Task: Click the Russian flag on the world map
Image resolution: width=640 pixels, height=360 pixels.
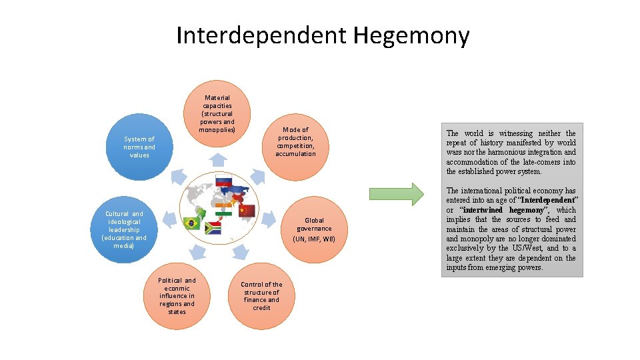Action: pyautogui.click(x=223, y=180)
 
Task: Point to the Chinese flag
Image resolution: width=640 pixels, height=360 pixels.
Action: pyautogui.click(x=247, y=210)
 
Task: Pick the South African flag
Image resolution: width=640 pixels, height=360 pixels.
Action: pyautogui.click(x=213, y=228)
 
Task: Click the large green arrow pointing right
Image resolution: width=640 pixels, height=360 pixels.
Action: pyautogui.click(x=396, y=193)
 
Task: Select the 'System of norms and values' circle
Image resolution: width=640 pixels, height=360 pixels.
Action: pyautogui.click(x=140, y=147)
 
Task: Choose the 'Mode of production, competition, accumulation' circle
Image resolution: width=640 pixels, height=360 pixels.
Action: pyautogui.click(x=295, y=142)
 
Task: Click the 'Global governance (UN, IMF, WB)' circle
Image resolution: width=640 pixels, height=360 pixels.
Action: pyautogui.click(x=314, y=229)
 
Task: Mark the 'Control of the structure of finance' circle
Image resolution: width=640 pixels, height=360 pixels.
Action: pyautogui.click(x=261, y=296)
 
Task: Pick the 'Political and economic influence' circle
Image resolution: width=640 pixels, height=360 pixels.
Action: pyautogui.click(x=177, y=296)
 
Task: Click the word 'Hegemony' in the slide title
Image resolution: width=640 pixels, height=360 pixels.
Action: pyautogui.click(x=411, y=35)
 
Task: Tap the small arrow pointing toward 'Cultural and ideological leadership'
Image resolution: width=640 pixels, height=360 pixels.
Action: pyautogui.click(x=169, y=217)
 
